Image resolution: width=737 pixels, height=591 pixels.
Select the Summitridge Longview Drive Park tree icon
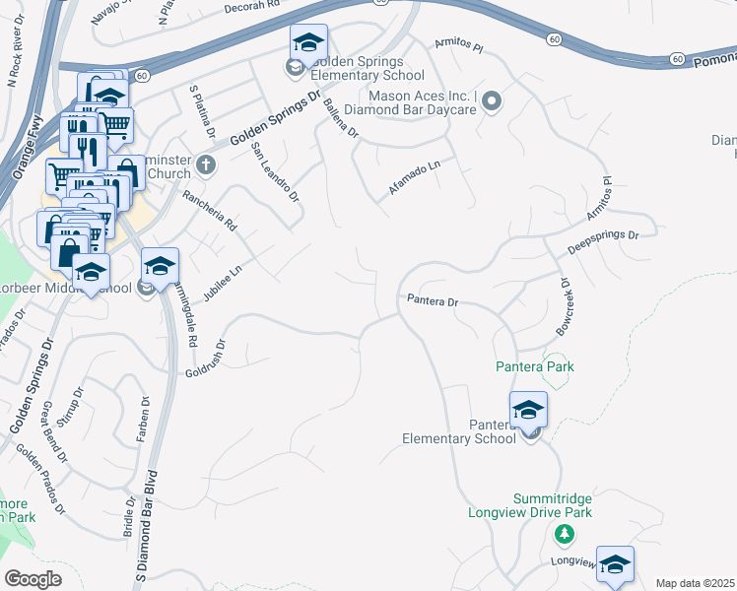coord(564,535)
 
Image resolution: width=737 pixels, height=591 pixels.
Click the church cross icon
coord(205,164)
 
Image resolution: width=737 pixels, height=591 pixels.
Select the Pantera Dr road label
coord(431,299)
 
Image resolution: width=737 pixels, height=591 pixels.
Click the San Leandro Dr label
coord(274,171)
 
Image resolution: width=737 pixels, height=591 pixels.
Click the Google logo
coord(33,579)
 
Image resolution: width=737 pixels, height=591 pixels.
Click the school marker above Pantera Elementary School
coord(528,409)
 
